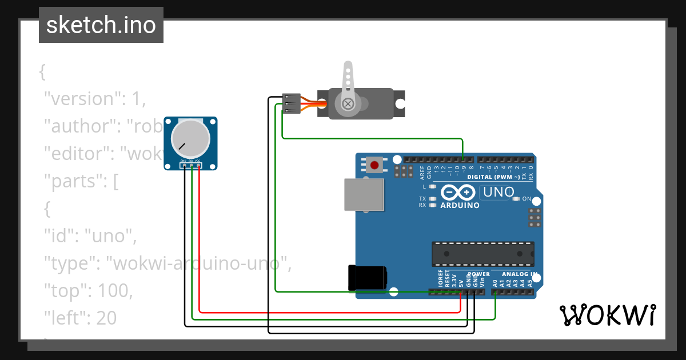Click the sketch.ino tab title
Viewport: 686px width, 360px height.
coord(101,25)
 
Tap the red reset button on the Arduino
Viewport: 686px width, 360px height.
coord(374,166)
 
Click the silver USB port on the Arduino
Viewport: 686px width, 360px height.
coord(364,194)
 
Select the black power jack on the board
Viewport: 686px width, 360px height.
coord(367,278)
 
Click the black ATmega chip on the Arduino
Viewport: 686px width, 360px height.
coord(482,254)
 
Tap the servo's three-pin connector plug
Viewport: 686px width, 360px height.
coord(291,103)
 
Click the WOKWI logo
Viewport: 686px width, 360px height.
coord(607,315)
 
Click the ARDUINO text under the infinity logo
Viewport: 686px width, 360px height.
coord(460,205)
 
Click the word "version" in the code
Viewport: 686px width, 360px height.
coord(83,99)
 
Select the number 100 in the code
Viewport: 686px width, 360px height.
coord(114,291)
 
